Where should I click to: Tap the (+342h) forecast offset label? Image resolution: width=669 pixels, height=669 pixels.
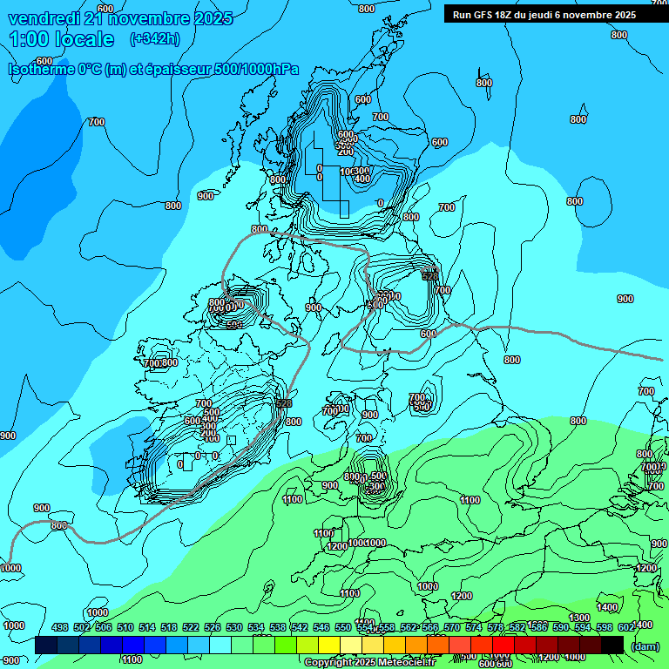(154, 38)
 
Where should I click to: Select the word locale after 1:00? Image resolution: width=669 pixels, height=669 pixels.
(84, 39)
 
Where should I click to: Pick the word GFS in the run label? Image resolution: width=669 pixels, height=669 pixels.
(485, 15)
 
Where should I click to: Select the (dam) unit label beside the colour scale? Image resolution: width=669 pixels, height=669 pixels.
(645, 645)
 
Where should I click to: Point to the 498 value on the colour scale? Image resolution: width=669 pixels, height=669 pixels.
(60, 628)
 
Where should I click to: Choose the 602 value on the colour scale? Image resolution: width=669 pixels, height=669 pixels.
(626, 628)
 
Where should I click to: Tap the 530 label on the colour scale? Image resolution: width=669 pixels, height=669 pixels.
(234, 628)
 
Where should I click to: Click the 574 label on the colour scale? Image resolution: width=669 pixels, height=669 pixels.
(474, 628)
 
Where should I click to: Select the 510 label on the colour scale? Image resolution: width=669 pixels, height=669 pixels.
(125, 628)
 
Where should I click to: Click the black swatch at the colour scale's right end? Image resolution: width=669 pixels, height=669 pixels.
(612, 645)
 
